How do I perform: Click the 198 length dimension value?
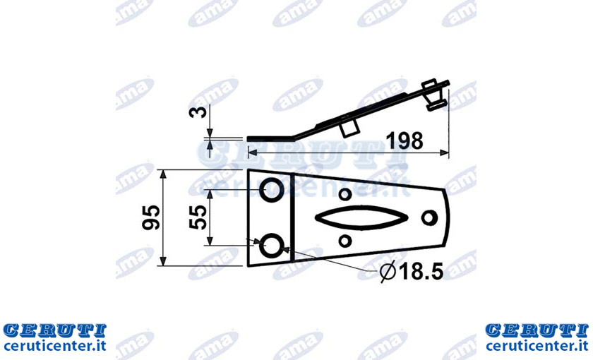pos(405,140)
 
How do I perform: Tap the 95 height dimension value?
pos(151,217)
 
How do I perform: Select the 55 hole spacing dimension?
pos(198,217)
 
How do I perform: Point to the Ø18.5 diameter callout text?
pos(412,271)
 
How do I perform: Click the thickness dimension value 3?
pos(198,112)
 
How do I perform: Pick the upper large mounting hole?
pos(272,189)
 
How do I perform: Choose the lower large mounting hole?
pos(272,245)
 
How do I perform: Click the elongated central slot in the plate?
pos(361,218)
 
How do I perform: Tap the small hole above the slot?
pos(345,194)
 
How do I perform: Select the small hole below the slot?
pos(345,241)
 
